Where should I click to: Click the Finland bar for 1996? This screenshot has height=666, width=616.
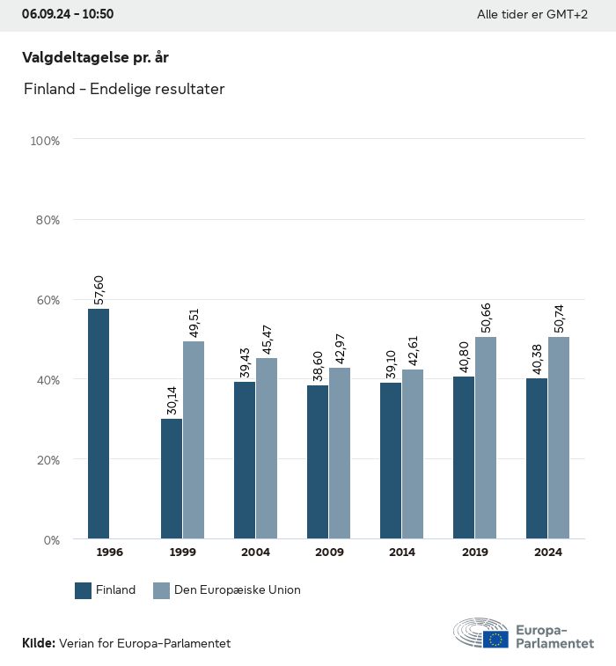[98, 423]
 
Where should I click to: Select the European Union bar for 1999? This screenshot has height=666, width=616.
[194, 440]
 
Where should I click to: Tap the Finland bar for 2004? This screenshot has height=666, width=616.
[245, 460]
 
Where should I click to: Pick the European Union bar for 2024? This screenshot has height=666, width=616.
[559, 437]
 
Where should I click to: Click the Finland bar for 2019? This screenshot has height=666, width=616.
[464, 457]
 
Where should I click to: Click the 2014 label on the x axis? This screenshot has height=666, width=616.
[402, 553]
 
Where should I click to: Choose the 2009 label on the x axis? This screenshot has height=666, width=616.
[329, 553]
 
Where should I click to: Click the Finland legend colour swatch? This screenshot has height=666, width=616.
[84, 590]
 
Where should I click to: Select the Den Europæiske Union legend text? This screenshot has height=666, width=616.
[237, 590]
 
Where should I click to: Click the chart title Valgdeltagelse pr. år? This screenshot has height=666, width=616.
[95, 57]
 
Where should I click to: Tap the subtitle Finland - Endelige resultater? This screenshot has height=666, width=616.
[124, 89]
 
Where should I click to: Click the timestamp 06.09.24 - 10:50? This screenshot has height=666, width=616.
[68, 14]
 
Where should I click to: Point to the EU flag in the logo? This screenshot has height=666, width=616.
[495, 640]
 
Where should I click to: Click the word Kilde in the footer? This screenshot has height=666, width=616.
[38, 643]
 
